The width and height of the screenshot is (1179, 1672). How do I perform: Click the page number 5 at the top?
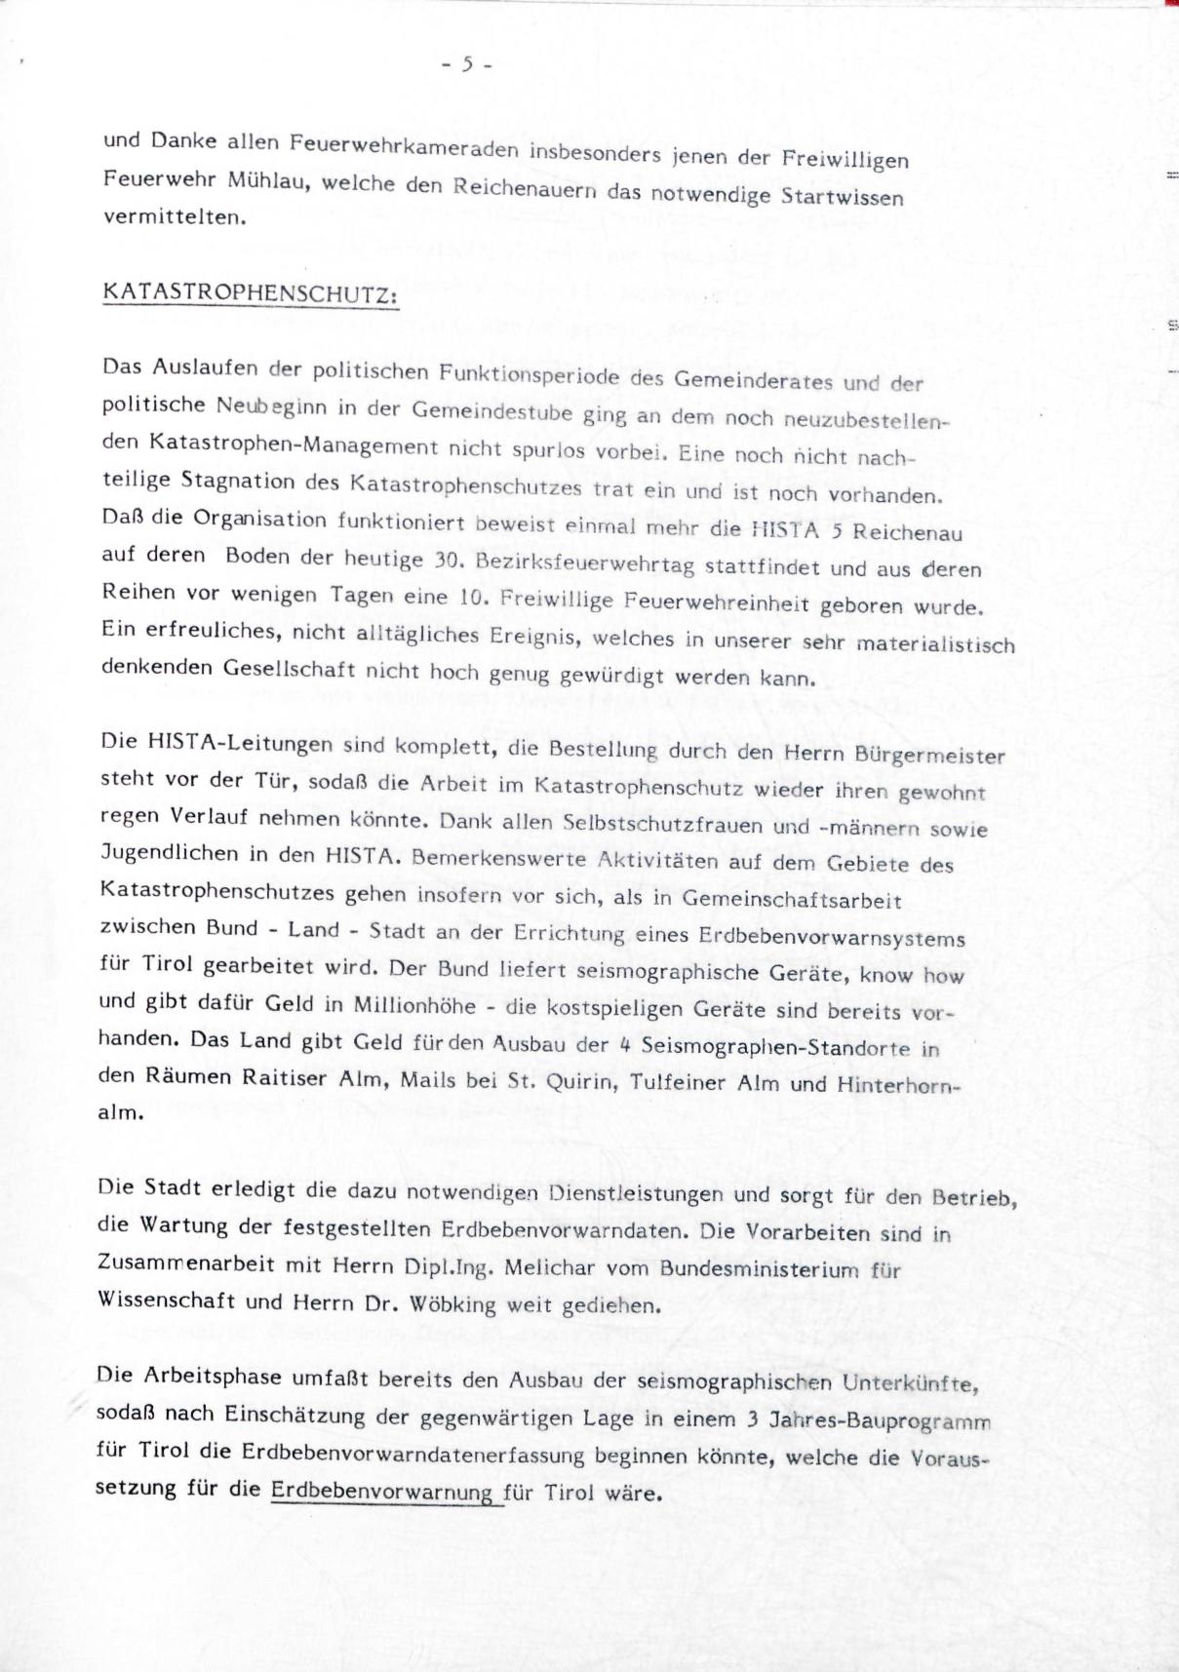(x=467, y=64)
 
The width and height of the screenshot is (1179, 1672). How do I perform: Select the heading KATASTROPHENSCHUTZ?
(x=250, y=293)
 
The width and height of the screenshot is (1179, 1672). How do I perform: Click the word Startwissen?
(x=842, y=195)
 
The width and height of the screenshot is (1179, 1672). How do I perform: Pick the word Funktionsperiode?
(x=529, y=373)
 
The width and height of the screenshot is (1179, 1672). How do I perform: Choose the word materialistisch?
(x=935, y=644)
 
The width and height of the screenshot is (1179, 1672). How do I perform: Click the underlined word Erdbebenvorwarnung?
(x=382, y=1492)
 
